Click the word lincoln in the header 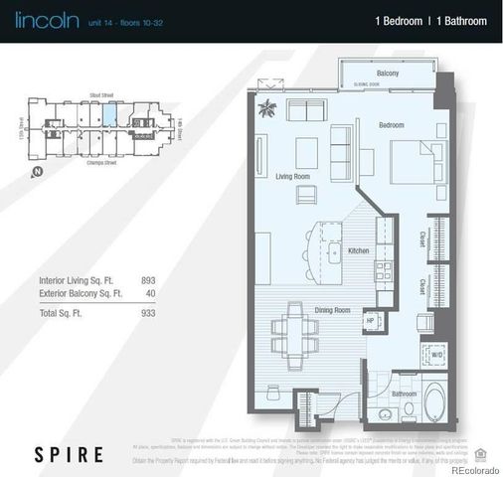(x=38, y=19)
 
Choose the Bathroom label (x=404, y=394)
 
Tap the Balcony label (x=388, y=75)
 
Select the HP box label (x=369, y=320)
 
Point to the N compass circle (x=37, y=172)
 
